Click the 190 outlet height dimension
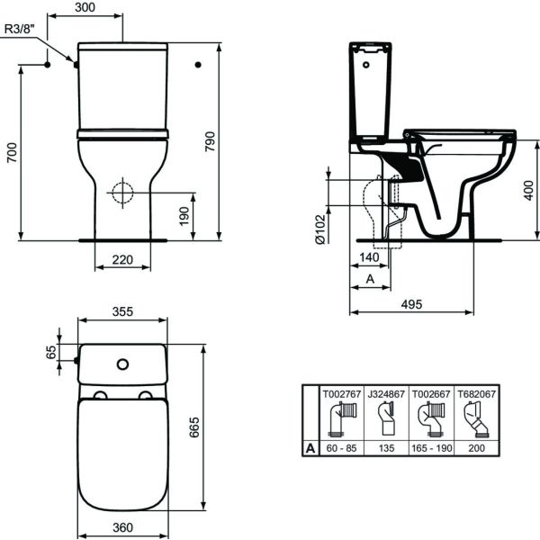pos(184,216)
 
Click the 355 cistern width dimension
pos(122,311)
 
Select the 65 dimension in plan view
pos(50,352)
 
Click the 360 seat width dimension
pos(122,527)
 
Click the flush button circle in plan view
pos(122,364)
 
